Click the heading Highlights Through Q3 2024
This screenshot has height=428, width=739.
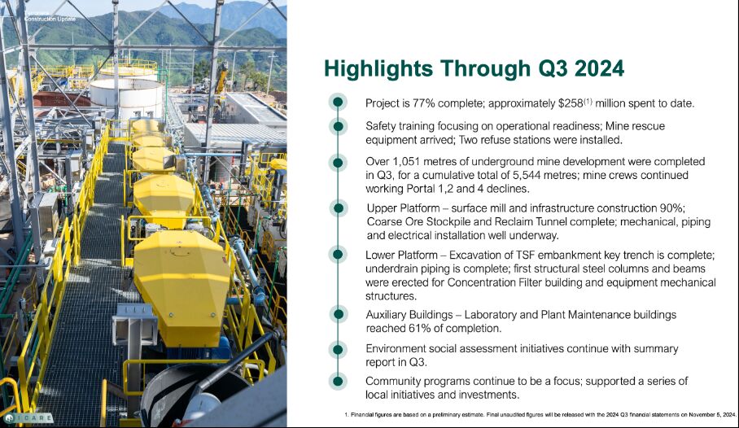click(x=474, y=69)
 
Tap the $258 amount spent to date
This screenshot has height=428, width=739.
click(x=571, y=103)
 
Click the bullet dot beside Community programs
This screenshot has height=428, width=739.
click(x=338, y=381)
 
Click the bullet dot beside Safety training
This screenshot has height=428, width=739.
click(x=338, y=126)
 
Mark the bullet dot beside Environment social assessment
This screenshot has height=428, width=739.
click(x=338, y=349)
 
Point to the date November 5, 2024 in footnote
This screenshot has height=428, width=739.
click(x=712, y=415)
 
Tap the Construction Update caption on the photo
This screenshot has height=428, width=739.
click(x=50, y=19)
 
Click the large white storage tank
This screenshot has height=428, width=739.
click(x=126, y=96)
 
